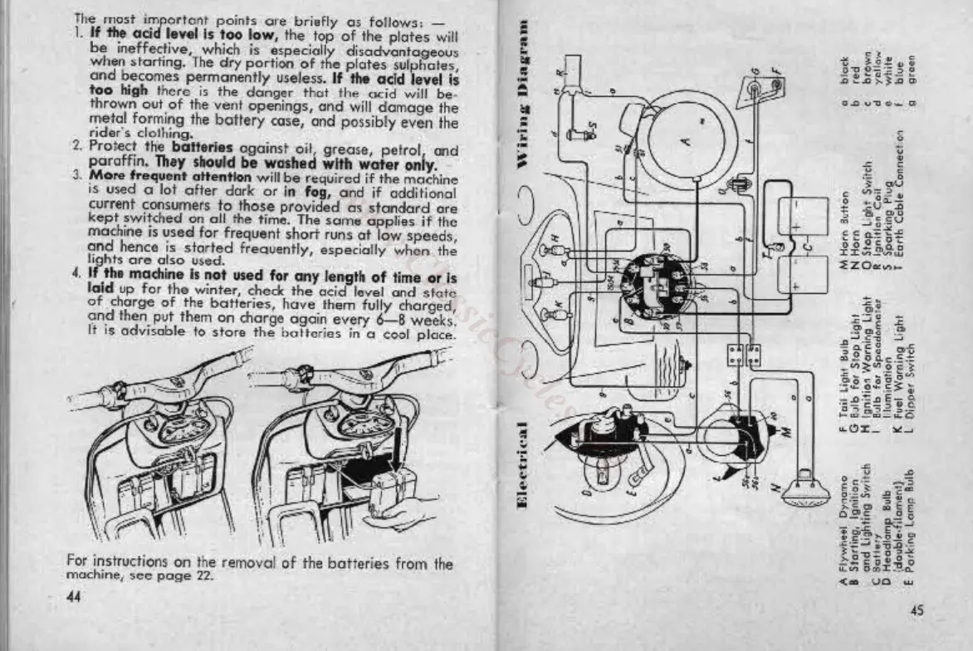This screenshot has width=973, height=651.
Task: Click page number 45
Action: click(917, 611)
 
